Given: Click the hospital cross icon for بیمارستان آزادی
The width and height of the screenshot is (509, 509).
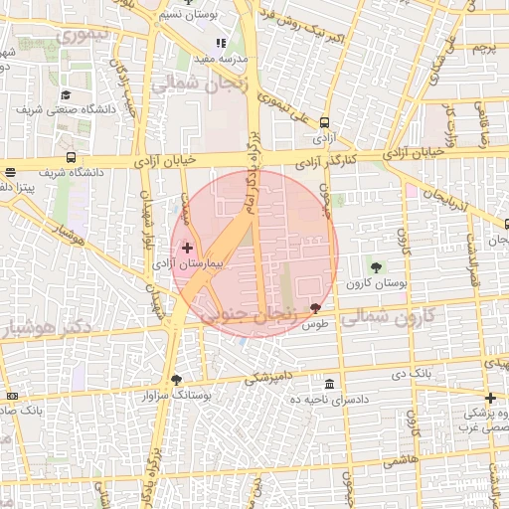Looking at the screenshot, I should coord(188,246).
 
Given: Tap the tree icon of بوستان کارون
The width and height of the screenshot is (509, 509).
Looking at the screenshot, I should coord(376,266).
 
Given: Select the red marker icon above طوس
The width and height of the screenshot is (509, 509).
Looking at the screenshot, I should coord(316,308).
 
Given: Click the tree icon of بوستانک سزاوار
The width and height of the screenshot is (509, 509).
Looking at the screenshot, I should coord(177,379).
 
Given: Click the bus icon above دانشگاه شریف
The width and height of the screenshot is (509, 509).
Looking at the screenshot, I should coord(71,157).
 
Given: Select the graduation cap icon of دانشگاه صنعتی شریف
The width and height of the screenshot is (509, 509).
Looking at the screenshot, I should coord(65,95).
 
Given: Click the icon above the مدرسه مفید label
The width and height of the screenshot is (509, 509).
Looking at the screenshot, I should coord(221,43).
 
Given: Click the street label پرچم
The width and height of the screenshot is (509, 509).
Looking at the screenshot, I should coord(483,47).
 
